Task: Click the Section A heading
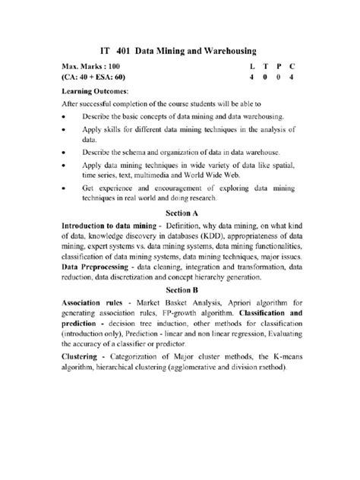pyautogui.click(x=182, y=213)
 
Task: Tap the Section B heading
pyautogui.click(x=182, y=290)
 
